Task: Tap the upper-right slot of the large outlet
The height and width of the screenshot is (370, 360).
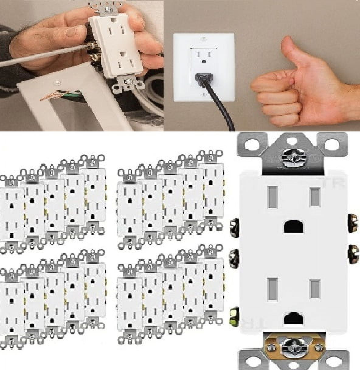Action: point(315,197)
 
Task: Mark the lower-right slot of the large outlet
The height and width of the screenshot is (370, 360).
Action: point(315,289)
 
